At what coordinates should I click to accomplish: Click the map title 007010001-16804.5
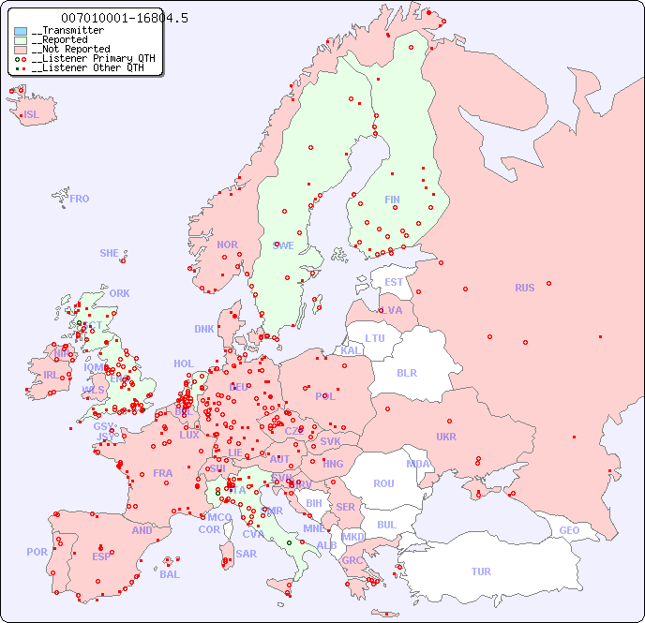[112, 18]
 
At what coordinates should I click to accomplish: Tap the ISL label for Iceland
[32, 115]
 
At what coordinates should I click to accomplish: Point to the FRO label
[80, 199]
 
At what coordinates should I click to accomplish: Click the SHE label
[110, 253]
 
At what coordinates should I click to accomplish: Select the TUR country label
[481, 571]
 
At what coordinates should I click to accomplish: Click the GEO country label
[569, 530]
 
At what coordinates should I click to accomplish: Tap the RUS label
[524, 288]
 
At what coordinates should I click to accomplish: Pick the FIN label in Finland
[392, 200]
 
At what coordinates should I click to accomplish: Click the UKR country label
[446, 437]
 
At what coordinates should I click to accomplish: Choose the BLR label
[407, 372]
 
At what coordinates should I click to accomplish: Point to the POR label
[37, 552]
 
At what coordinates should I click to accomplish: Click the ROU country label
[383, 483]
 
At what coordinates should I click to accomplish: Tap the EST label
[394, 282]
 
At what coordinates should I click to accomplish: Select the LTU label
[375, 338]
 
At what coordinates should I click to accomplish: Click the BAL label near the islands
[170, 574]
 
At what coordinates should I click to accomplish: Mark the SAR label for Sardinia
[246, 553]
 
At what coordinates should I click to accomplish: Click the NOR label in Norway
[227, 245]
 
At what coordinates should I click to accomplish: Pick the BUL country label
[386, 525]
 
